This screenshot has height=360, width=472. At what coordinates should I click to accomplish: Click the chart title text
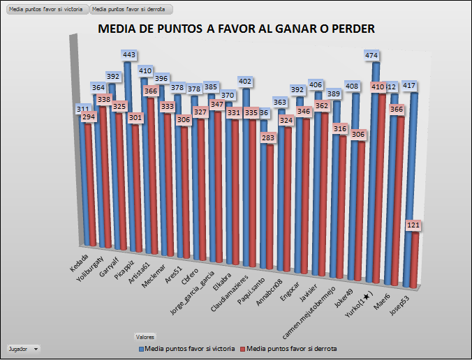click(236, 29)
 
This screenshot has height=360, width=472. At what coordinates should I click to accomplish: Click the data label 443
click(128, 54)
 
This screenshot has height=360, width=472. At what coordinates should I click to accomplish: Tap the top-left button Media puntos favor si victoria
click(45, 10)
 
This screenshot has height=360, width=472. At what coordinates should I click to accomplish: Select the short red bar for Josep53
click(414, 258)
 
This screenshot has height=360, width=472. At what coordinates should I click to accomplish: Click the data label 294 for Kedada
click(89, 118)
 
